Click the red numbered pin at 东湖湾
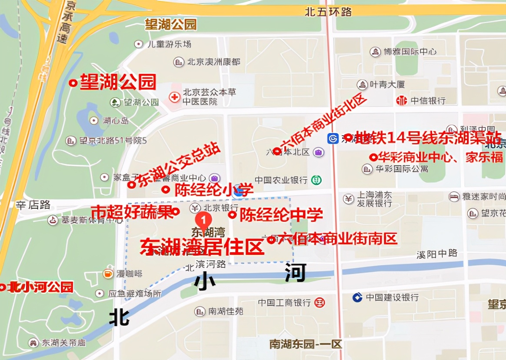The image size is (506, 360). [203, 219]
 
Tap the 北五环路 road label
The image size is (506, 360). [328, 12]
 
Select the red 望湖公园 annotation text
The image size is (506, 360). [117, 82]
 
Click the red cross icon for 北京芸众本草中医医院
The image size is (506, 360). [174, 97]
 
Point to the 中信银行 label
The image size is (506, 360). [428, 100]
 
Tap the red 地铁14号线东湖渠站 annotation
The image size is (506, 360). [428, 137]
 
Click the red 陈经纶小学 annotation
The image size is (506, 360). [213, 190]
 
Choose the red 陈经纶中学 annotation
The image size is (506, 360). [281, 214]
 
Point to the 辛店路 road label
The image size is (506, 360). [33, 205]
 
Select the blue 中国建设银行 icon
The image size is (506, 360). [357, 297]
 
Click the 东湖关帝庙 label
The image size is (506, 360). [63, 343]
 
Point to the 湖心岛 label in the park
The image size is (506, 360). [116, 120]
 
